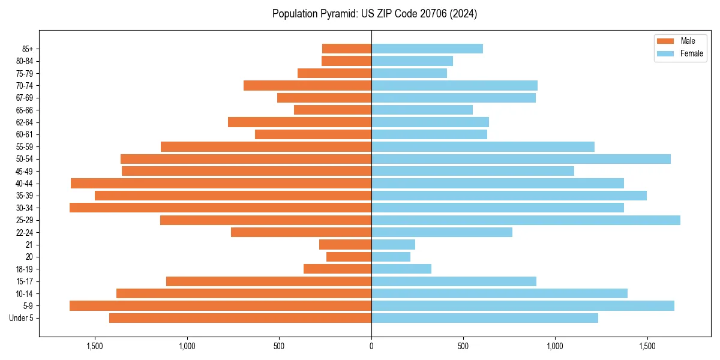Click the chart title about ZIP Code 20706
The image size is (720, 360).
tap(374, 14)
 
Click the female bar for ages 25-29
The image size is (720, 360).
tap(526, 220)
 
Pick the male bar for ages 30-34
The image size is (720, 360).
tap(220, 208)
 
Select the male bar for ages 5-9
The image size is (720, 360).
tap(220, 305)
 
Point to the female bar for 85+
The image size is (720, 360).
tap(427, 49)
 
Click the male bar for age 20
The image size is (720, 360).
tap(349, 257)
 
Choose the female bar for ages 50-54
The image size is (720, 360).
tap(521, 159)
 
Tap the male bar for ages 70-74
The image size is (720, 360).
tap(307, 85)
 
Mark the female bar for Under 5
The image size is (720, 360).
tap(485, 318)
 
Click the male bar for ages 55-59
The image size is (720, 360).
tap(266, 146)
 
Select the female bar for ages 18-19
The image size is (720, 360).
tap(401, 269)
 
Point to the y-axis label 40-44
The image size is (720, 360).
tap(24, 184)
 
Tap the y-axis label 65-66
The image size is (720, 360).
tap(24, 110)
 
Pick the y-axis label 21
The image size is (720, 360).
tap(29, 245)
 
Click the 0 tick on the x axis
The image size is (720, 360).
tap(371, 346)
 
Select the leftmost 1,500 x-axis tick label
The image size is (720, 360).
tap(95, 346)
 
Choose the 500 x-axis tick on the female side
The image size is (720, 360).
tap(463, 346)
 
